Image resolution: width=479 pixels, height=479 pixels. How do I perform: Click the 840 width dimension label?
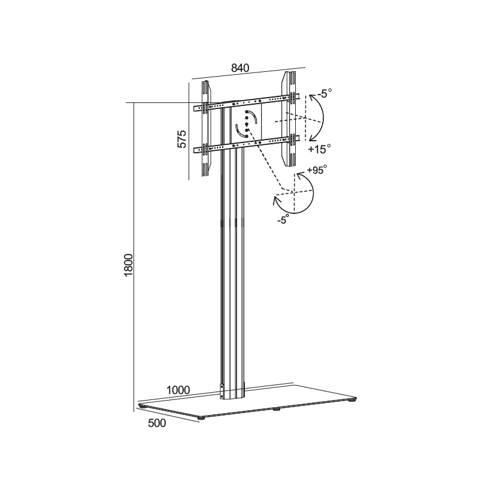coord(240,68)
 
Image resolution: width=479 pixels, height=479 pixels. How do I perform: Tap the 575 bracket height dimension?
coord(182,139)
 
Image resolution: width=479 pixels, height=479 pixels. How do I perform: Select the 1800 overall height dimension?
coord(129,265)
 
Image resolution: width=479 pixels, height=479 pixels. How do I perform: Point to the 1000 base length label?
coord(178,390)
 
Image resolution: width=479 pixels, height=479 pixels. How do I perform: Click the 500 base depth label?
coord(157,423)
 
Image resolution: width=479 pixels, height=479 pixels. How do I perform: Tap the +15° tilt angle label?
coord(319,149)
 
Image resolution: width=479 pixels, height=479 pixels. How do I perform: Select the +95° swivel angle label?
coord(317,169)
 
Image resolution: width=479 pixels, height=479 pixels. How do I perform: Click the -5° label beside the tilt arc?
coord(324,93)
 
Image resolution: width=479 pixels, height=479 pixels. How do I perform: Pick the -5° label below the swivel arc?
coord(283,220)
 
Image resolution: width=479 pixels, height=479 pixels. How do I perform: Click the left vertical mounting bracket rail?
coord(205,129)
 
